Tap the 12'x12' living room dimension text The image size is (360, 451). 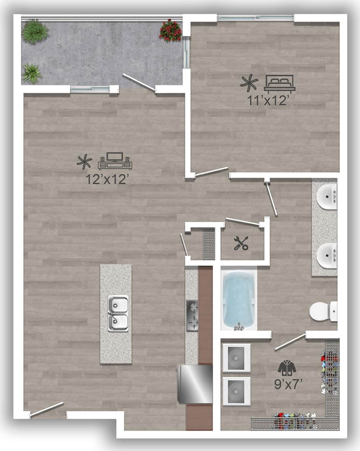coord(106,179)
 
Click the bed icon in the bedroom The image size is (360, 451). coord(279,84)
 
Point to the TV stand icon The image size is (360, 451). coord(115,162)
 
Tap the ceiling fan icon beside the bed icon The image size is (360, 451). coord(249,83)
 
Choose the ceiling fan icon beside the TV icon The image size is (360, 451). coord(84,162)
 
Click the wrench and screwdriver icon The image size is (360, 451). coord(241,243)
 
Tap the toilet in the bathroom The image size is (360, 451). coord(322,311)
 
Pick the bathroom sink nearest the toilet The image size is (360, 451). coord(327,255)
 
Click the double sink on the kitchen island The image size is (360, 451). coord(118,313)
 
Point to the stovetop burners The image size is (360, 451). coord(192,315)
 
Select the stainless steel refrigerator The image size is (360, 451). coord(195,384)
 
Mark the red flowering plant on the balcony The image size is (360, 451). coord(170,30)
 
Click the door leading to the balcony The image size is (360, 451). coord(139,83)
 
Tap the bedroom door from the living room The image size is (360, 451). coord(211,171)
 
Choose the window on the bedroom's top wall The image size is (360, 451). coord(255,18)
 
